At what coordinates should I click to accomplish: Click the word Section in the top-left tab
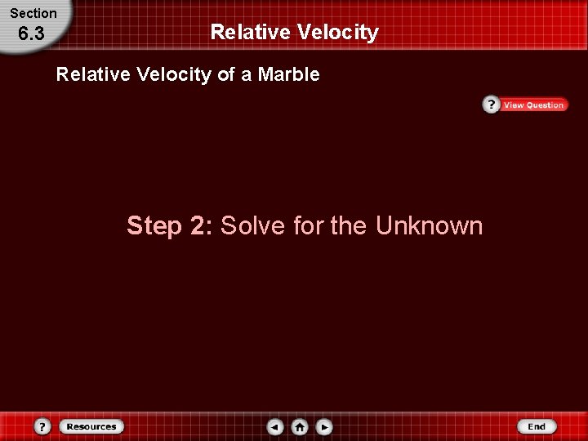[33, 13]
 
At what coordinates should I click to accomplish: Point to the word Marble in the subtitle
[288, 75]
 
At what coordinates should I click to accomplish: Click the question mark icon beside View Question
[491, 105]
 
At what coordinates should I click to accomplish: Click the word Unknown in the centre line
[429, 225]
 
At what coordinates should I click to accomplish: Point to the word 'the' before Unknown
[350, 225]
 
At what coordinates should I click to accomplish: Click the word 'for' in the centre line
[308, 225]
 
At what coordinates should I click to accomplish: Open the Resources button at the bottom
[91, 426]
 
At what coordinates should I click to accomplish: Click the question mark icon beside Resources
[43, 426]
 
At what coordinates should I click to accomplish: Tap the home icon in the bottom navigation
[300, 426]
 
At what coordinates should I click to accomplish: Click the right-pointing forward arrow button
[324, 426]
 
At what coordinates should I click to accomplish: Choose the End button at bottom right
[537, 426]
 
